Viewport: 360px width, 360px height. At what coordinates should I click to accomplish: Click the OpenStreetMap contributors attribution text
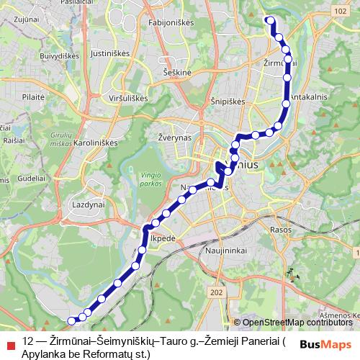[x=297, y=323]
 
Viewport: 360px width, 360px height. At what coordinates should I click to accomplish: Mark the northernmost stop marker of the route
[x=271, y=20]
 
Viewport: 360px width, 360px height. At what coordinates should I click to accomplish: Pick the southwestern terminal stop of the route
[x=71, y=320]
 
